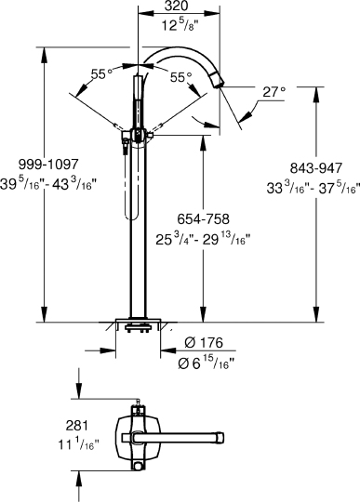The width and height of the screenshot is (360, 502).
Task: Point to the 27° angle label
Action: (x=272, y=93)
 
